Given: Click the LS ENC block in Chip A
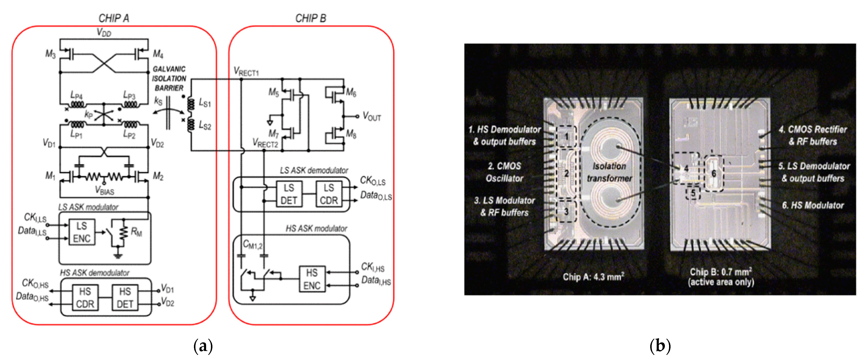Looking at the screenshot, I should point(82,232).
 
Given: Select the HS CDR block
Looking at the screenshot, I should point(85,298).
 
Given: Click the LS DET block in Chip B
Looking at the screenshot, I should point(289,194).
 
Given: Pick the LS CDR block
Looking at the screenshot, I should point(329,194).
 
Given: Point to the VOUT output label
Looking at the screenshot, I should point(372,116).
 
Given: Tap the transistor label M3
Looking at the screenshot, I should point(51,54).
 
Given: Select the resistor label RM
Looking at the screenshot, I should point(136,232).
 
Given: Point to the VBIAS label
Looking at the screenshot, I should point(105,191).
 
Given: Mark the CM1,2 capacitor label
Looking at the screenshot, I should point(252,245).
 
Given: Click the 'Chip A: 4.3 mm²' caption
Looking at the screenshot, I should point(593,277).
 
